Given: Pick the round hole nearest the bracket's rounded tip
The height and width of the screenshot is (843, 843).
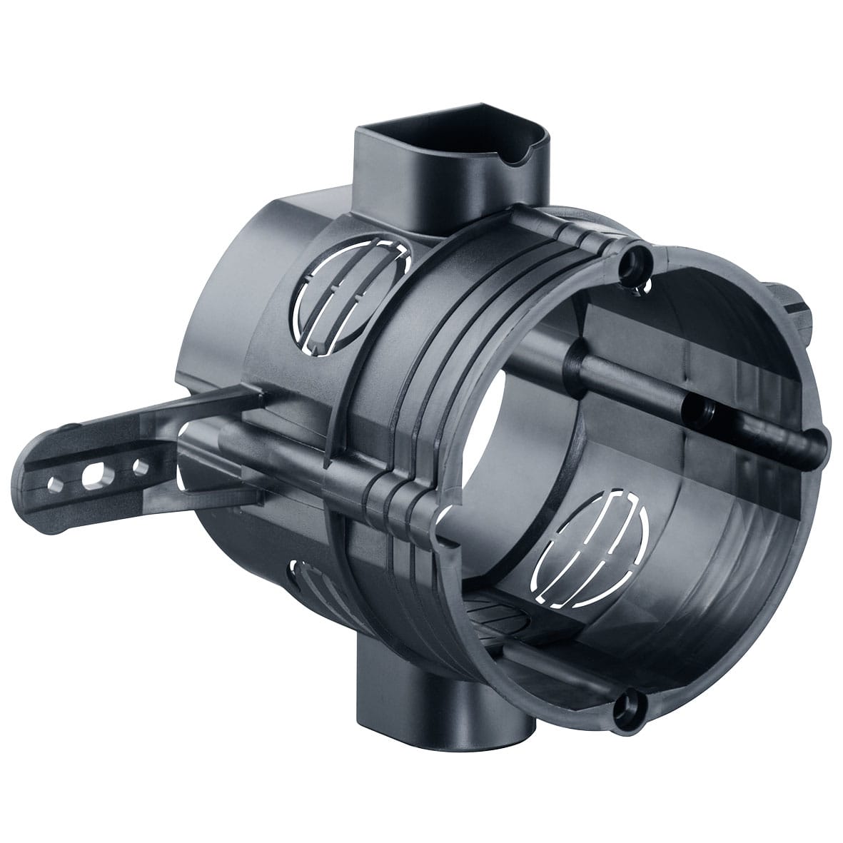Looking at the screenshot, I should click(54, 484).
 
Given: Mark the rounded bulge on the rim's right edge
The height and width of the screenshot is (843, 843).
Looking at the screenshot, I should click(821, 435).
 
